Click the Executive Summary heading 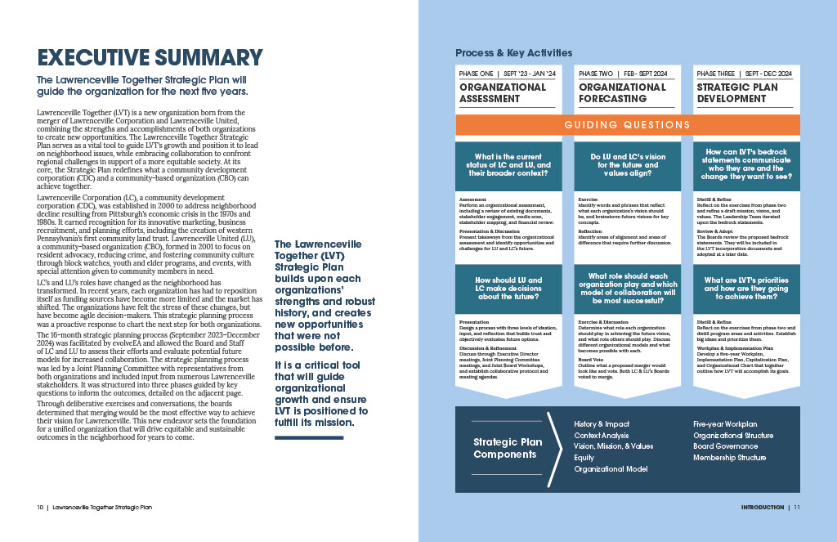150,58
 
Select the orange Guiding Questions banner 627,125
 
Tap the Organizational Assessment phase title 503,92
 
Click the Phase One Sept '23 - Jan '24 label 507,74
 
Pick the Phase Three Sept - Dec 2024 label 744,74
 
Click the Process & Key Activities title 514,53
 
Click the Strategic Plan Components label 507,448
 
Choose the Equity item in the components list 584,458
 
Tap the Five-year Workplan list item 725,424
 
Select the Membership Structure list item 730,458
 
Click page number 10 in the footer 40,508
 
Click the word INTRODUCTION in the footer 763,508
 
